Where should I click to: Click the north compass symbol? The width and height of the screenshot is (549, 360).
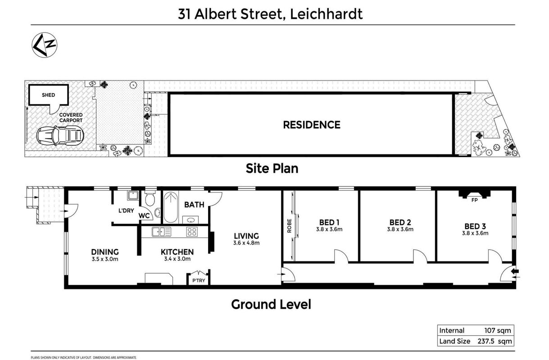[x=44, y=45]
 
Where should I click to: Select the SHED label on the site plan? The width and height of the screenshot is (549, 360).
[x=48, y=95]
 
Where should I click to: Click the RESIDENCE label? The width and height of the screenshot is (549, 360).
[x=312, y=125]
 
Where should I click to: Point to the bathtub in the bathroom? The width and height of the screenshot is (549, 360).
[x=171, y=207]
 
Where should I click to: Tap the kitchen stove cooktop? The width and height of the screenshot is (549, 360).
[x=192, y=232]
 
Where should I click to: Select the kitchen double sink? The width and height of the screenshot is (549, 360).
[x=161, y=232]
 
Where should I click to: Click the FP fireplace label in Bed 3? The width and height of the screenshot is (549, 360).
[x=475, y=200]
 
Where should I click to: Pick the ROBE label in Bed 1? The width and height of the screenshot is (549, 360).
[x=290, y=225]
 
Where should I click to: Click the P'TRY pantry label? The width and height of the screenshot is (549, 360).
[x=199, y=280]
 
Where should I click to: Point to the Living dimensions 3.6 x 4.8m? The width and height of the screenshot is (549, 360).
[x=246, y=243]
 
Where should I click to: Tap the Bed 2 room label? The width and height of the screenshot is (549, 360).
[x=400, y=222]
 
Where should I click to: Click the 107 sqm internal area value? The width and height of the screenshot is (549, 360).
[x=498, y=331]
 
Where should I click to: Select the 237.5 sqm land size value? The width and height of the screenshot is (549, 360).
[x=495, y=342]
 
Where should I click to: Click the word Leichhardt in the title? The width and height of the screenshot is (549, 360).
[x=326, y=14]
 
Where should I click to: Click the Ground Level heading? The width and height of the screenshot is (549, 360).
[x=271, y=304]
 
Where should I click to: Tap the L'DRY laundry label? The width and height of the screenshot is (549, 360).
[x=126, y=210]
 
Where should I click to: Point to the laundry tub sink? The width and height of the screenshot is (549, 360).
[x=133, y=195]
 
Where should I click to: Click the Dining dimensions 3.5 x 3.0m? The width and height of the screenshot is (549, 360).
[x=105, y=259]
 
